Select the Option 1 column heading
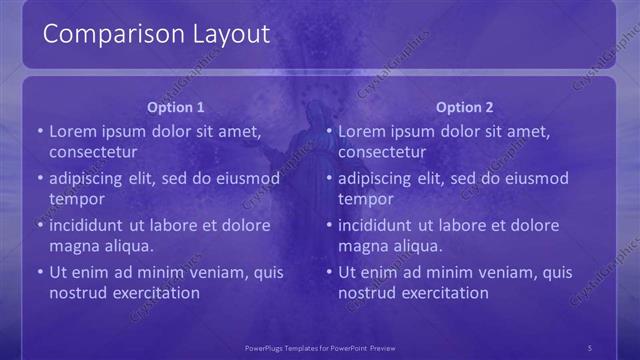[x=176, y=107]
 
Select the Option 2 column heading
[x=465, y=107]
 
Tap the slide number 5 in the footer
[x=589, y=347]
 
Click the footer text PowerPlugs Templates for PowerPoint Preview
[x=320, y=347]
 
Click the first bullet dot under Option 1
[x=40, y=131]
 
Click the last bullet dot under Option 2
[x=330, y=272]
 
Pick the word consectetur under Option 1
[x=93, y=152]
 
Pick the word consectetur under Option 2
[x=382, y=152]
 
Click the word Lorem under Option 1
[x=72, y=131]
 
